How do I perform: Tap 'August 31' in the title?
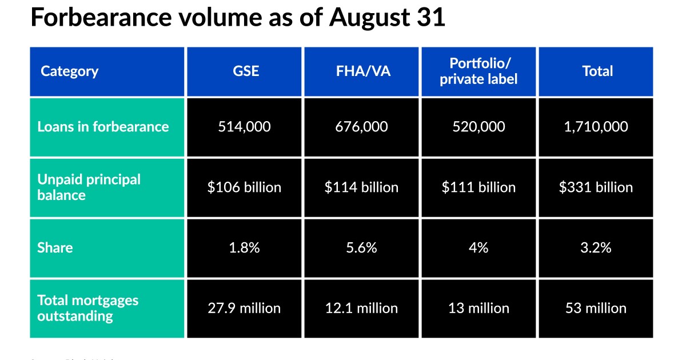386,18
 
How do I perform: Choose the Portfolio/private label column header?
478,71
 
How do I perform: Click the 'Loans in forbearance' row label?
103,127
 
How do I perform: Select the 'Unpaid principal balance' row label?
89,187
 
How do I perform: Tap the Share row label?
55,248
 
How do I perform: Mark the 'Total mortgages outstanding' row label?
88,308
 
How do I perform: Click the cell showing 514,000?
244,127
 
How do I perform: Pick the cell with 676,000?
361,127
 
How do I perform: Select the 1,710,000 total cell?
596,127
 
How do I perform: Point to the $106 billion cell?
244,187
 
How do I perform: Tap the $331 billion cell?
596,187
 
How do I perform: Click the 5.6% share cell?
361,248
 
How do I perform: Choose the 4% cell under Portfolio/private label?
478,248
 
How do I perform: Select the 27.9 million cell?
244,309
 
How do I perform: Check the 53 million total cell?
596,309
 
